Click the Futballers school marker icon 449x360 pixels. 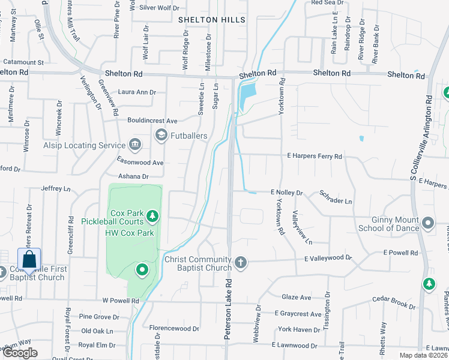click(x=161, y=135)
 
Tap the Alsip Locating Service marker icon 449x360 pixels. click(x=134, y=145)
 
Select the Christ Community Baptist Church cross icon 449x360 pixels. click(x=241, y=262)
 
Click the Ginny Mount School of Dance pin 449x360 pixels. click(x=428, y=224)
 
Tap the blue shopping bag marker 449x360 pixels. click(x=29, y=260)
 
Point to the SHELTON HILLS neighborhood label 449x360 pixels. click(x=212, y=20)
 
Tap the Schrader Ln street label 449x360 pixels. click(x=336, y=198)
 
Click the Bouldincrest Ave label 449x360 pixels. click(x=152, y=120)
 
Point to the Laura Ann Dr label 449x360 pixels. click(x=137, y=92)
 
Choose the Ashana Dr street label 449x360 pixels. click(x=133, y=176)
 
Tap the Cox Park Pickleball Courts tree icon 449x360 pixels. click(x=152, y=215)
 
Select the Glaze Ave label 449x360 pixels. click(x=297, y=297)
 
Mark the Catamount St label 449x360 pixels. click(x=23, y=62)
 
